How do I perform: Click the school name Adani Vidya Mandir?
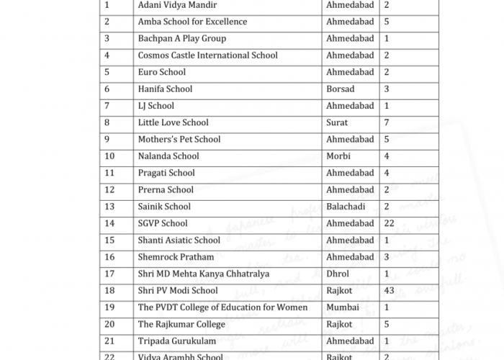click(176, 5)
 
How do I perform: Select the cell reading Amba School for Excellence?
click(192, 22)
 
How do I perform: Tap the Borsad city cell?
click(341, 89)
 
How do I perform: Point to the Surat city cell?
click(337, 122)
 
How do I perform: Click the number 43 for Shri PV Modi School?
click(390, 291)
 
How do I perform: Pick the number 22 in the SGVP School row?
click(390, 223)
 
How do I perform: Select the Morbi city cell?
click(338, 156)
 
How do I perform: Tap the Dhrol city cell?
click(337, 274)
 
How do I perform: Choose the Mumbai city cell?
click(341, 307)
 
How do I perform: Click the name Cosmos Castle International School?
click(207, 55)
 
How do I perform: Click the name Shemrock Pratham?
click(175, 257)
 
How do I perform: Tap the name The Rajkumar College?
click(181, 324)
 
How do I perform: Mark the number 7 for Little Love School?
click(387, 122)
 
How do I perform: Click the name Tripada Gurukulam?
click(177, 341)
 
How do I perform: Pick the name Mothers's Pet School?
click(179, 140)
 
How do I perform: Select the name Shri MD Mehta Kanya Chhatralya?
click(204, 274)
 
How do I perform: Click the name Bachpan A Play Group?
click(181, 39)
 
